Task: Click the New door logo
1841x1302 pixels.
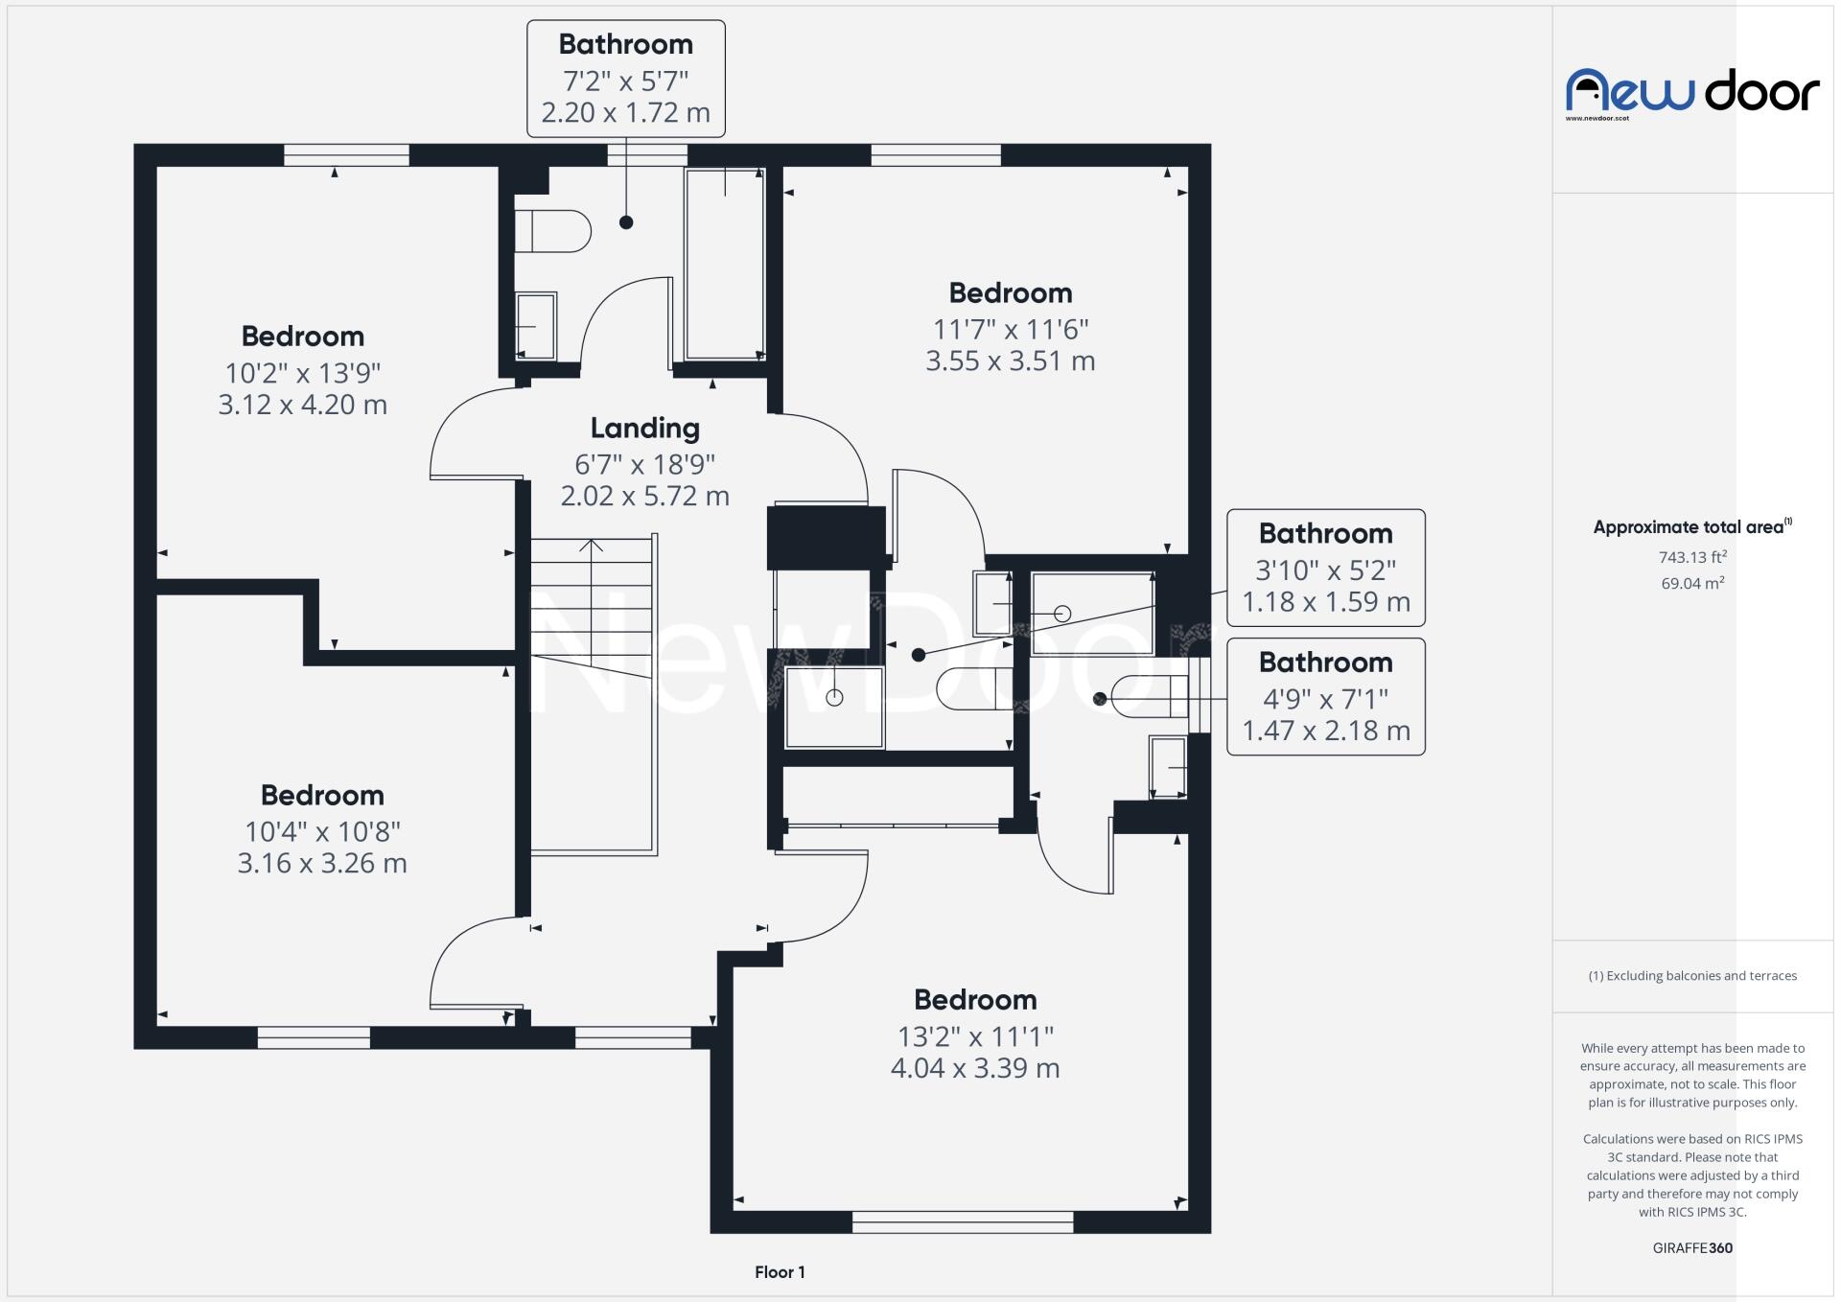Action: pos(1692,93)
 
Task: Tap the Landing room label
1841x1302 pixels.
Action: pos(644,428)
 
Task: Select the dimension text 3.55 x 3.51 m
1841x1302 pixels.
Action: pos(1010,361)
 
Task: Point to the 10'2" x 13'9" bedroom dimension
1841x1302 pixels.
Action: pos(303,372)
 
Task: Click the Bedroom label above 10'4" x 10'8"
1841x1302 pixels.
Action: pos(322,795)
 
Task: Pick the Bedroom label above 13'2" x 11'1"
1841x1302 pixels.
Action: pos(975,1000)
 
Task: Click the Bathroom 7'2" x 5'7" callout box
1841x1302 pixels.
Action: pos(625,79)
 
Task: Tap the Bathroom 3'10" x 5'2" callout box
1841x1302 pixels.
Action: pos(1325,568)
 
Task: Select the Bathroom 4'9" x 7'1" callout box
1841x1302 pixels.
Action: pos(1325,697)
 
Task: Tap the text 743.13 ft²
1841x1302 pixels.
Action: pos(1692,557)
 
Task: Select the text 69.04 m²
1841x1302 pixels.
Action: pos(1692,583)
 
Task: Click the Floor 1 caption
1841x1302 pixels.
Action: pos(780,1272)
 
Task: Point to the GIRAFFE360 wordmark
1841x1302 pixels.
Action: pos(1692,1248)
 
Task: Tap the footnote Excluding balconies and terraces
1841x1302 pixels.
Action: pos(1692,976)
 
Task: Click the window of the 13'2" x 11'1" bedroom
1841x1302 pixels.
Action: pos(962,1221)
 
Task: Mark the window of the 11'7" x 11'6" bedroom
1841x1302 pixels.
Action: pos(935,155)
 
